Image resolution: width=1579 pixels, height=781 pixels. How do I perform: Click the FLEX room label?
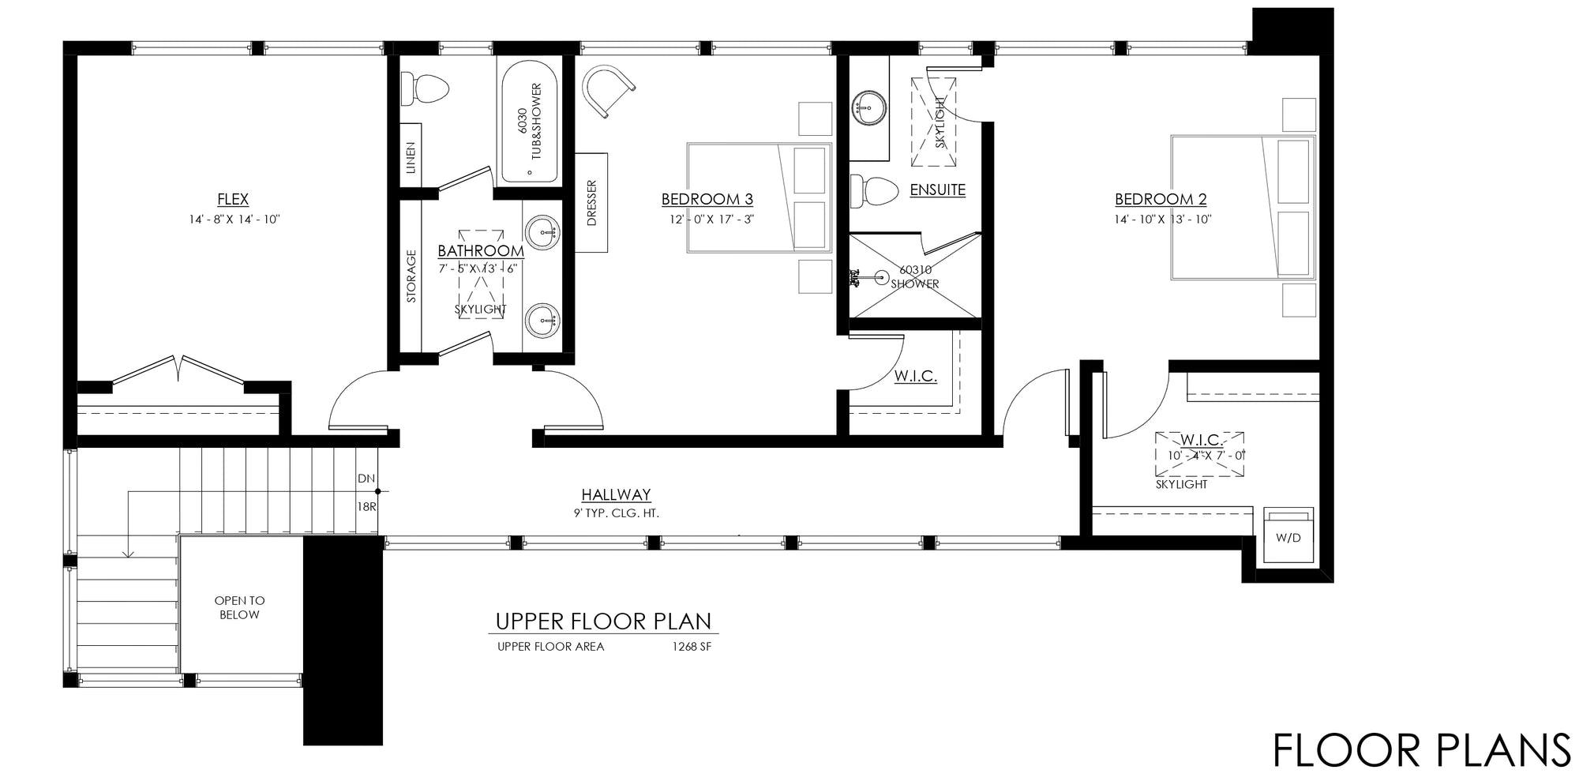(233, 200)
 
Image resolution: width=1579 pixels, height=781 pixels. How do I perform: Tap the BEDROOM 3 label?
(707, 200)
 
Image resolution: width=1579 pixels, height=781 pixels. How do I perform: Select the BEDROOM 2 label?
(1161, 200)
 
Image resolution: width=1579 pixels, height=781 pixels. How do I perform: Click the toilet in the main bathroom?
(424, 88)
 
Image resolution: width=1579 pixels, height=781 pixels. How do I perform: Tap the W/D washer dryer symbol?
(1288, 537)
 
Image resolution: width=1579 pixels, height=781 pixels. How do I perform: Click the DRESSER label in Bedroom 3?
(592, 204)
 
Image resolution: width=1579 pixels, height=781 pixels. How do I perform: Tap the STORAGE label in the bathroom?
(411, 276)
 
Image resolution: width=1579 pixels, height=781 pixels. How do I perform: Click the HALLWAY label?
(616, 495)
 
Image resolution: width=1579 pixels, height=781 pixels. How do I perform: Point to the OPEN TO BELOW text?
(239, 608)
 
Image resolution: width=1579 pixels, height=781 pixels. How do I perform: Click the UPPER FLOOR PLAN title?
(603, 621)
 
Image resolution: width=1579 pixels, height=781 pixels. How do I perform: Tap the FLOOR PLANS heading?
(1422, 750)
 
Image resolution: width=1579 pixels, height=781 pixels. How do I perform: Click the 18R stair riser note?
(367, 507)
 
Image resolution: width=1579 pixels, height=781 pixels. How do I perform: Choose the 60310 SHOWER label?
(915, 277)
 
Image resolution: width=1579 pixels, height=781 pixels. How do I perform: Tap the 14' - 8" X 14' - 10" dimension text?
(234, 220)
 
